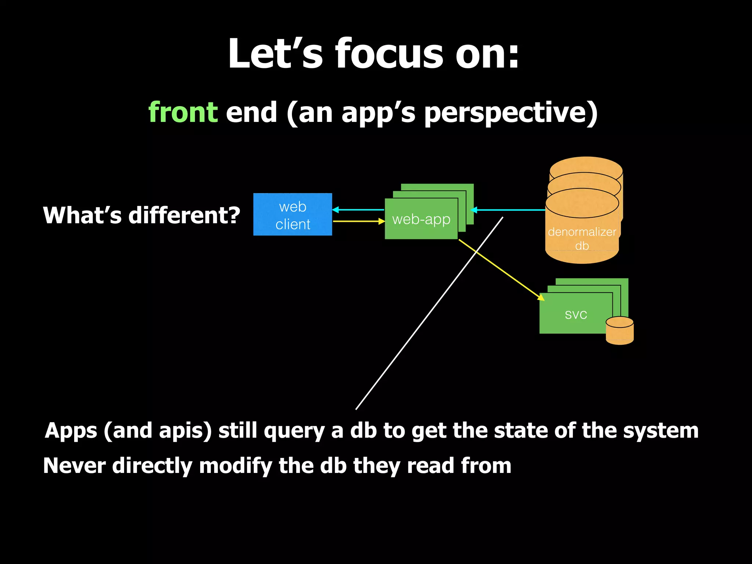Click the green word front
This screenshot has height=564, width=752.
(183, 112)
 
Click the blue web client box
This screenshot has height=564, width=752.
(292, 215)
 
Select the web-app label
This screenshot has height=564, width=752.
(421, 219)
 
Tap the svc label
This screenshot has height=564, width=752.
(576, 314)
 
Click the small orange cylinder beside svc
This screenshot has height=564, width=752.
(619, 332)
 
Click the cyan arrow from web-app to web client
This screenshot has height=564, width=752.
(358, 210)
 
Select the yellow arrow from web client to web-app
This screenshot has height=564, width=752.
(358, 221)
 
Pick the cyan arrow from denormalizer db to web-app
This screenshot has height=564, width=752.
(509, 210)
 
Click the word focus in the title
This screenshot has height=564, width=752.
(389, 54)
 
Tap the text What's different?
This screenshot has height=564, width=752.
(141, 215)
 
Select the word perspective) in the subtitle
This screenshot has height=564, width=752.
(511, 113)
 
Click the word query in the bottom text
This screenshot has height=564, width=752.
(294, 431)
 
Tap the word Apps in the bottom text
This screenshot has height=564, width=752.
(70, 431)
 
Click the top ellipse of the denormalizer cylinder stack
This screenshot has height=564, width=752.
(586, 167)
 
